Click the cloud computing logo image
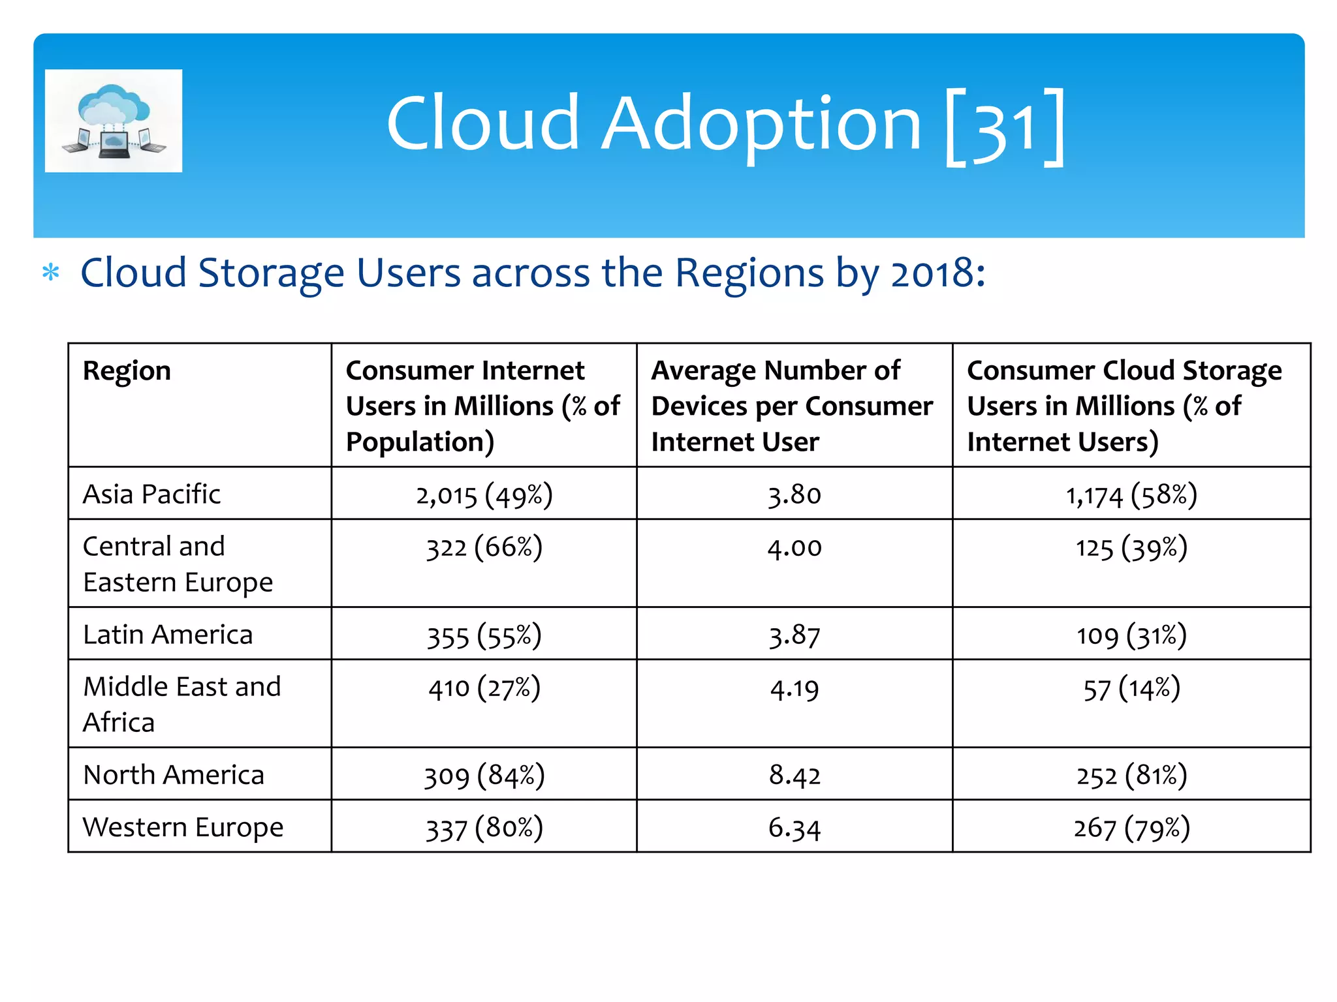tap(114, 121)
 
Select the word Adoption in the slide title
tap(761, 124)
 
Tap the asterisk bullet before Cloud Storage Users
tap(51, 273)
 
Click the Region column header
tap(127, 371)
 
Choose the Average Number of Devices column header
tap(793, 405)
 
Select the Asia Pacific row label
tap(152, 494)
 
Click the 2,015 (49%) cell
tap(484, 494)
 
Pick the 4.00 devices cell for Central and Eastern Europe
tap(794, 547)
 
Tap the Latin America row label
tap(168, 634)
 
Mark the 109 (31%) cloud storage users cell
tap(1131, 635)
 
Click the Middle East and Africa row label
tap(182, 704)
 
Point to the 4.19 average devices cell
tap(794, 689)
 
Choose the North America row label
tap(174, 774)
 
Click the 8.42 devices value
tap(794, 775)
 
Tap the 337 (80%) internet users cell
tap(484, 828)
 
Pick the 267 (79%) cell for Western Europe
tap(1131, 828)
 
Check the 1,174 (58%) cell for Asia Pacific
tap(1131, 494)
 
